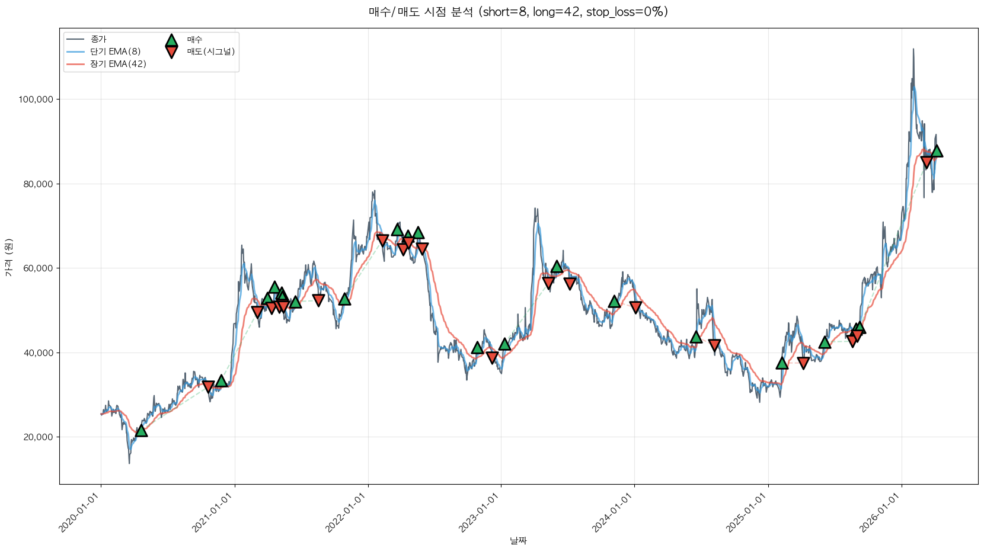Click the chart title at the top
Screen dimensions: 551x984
(518, 12)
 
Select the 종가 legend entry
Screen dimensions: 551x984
(98, 39)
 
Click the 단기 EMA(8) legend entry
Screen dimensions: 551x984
(115, 52)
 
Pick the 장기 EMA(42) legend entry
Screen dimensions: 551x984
(118, 64)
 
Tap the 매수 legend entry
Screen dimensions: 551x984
(194, 40)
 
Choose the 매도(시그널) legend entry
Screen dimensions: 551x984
(210, 52)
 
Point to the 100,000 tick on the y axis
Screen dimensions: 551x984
(36, 100)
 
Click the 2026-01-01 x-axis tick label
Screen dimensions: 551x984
(880, 513)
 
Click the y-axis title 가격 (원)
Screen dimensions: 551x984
(8, 258)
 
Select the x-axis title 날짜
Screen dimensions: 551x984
(518, 540)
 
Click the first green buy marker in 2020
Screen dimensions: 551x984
(141, 430)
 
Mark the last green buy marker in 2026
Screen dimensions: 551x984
(937, 151)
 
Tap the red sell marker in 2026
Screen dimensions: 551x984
(927, 162)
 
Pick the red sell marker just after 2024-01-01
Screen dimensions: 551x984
(635, 307)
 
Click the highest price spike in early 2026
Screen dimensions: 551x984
(913, 50)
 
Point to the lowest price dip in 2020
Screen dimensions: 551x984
(129, 462)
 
